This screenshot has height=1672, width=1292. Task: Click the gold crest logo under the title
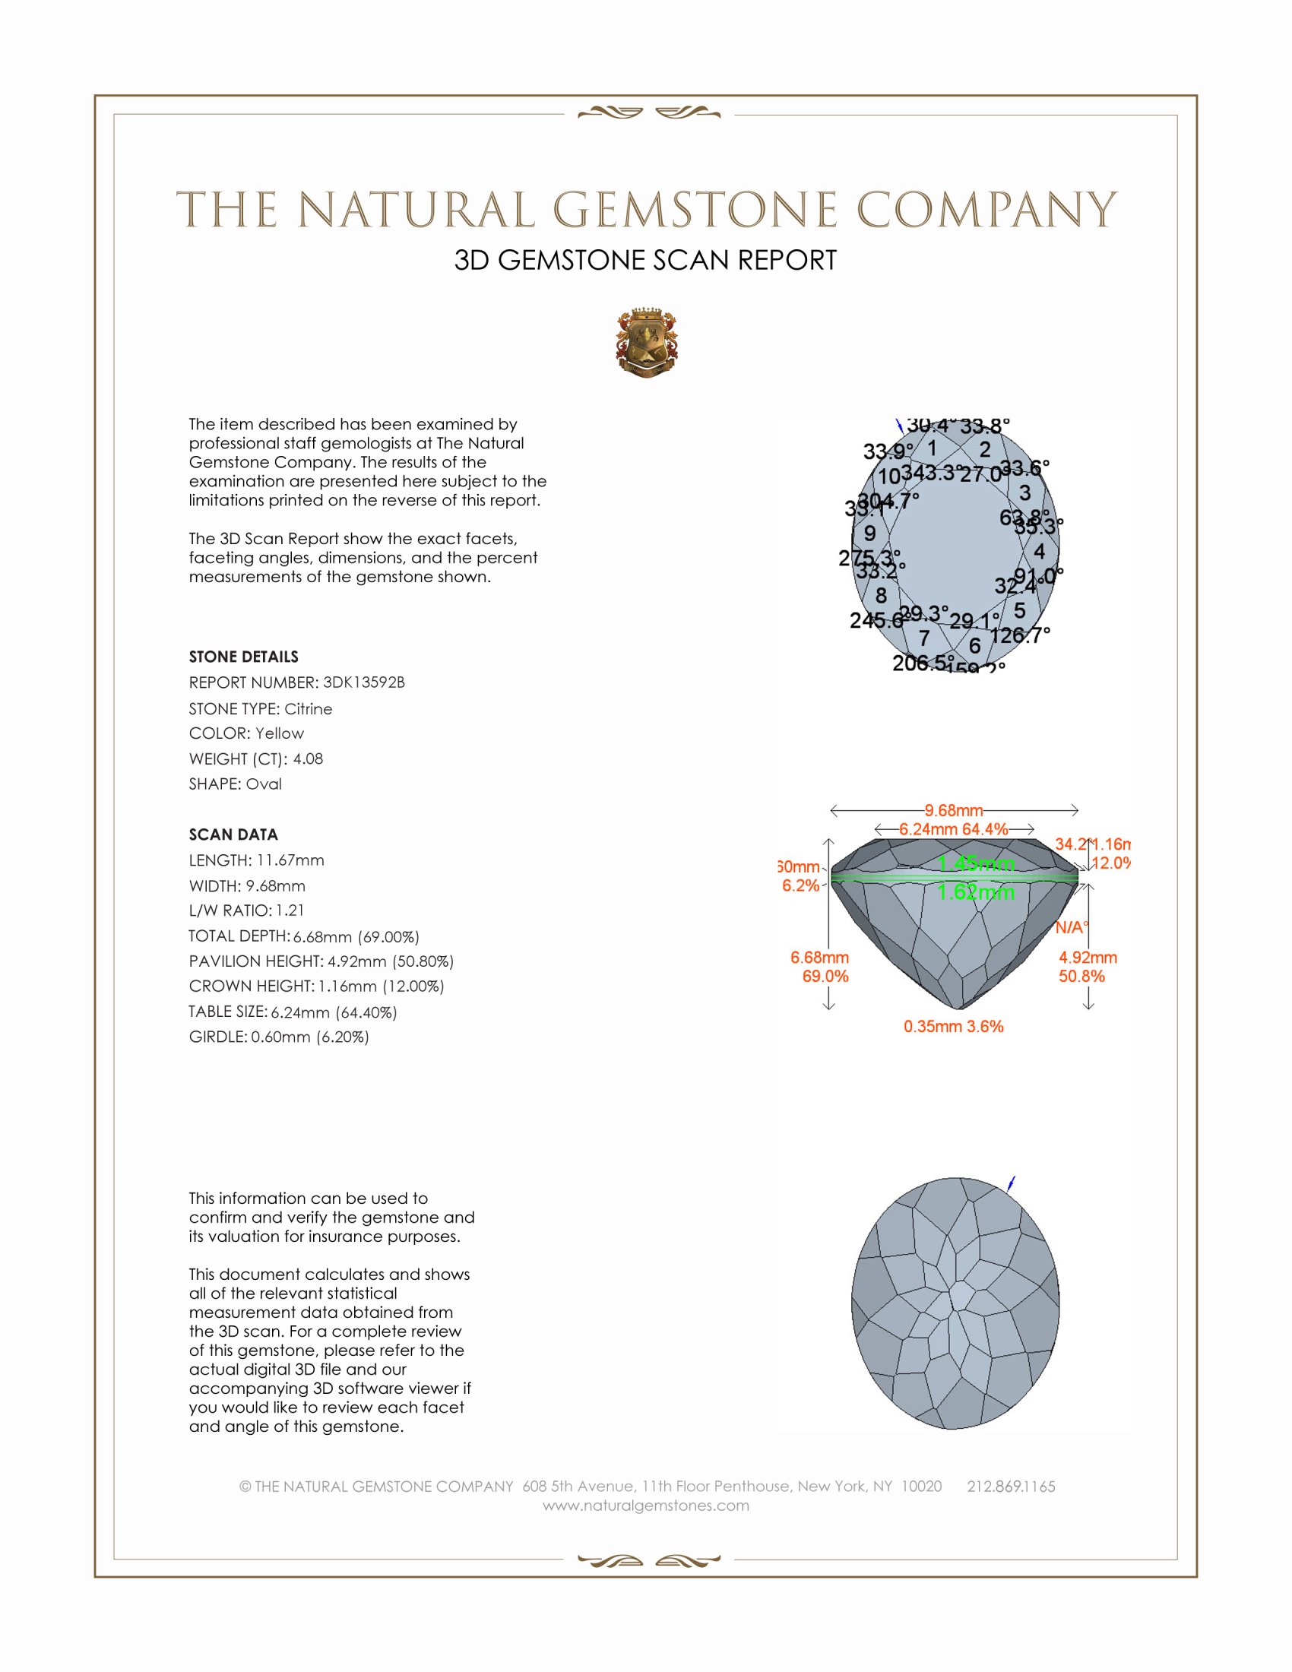coord(647,344)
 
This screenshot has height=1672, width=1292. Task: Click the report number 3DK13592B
coord(363,682)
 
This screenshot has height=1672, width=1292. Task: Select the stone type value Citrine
coord(309,709)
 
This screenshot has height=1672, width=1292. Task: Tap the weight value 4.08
coord(308,758)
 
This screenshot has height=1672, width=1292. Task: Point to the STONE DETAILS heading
coord(243,657)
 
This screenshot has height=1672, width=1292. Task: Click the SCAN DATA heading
coord(233,834)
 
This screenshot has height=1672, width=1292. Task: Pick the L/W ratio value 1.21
coord(290,910)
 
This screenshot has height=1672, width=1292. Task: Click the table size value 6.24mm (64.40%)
coord(334,1012)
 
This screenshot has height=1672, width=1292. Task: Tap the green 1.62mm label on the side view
coord(976,892)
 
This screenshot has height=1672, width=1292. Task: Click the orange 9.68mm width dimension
coord(954,810)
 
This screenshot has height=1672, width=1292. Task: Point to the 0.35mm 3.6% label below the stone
coord(954,1027)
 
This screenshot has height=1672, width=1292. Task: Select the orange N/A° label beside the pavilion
coord(1071,928)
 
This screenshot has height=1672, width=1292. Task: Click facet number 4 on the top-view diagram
coord(1039,551)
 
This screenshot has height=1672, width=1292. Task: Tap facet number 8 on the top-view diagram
coord(881,595)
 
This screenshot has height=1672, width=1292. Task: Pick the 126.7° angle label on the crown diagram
coord(1019,635)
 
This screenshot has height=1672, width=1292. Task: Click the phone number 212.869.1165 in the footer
coord(1011,1487)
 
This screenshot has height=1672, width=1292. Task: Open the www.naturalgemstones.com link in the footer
coord(646,1506)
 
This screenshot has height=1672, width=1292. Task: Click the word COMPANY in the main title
coord(986,210)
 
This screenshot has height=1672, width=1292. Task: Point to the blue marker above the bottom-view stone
coord(1011,1183)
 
